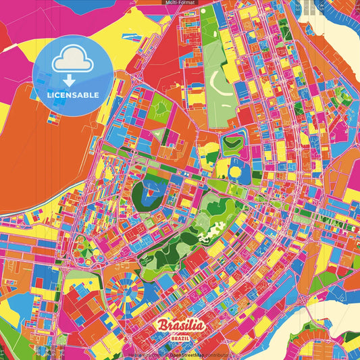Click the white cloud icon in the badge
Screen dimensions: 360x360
pos(73,59)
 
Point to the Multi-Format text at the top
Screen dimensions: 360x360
pos(180,3)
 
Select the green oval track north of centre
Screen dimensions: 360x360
pos(233,143)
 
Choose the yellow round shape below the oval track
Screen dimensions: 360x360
pos(234,172)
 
